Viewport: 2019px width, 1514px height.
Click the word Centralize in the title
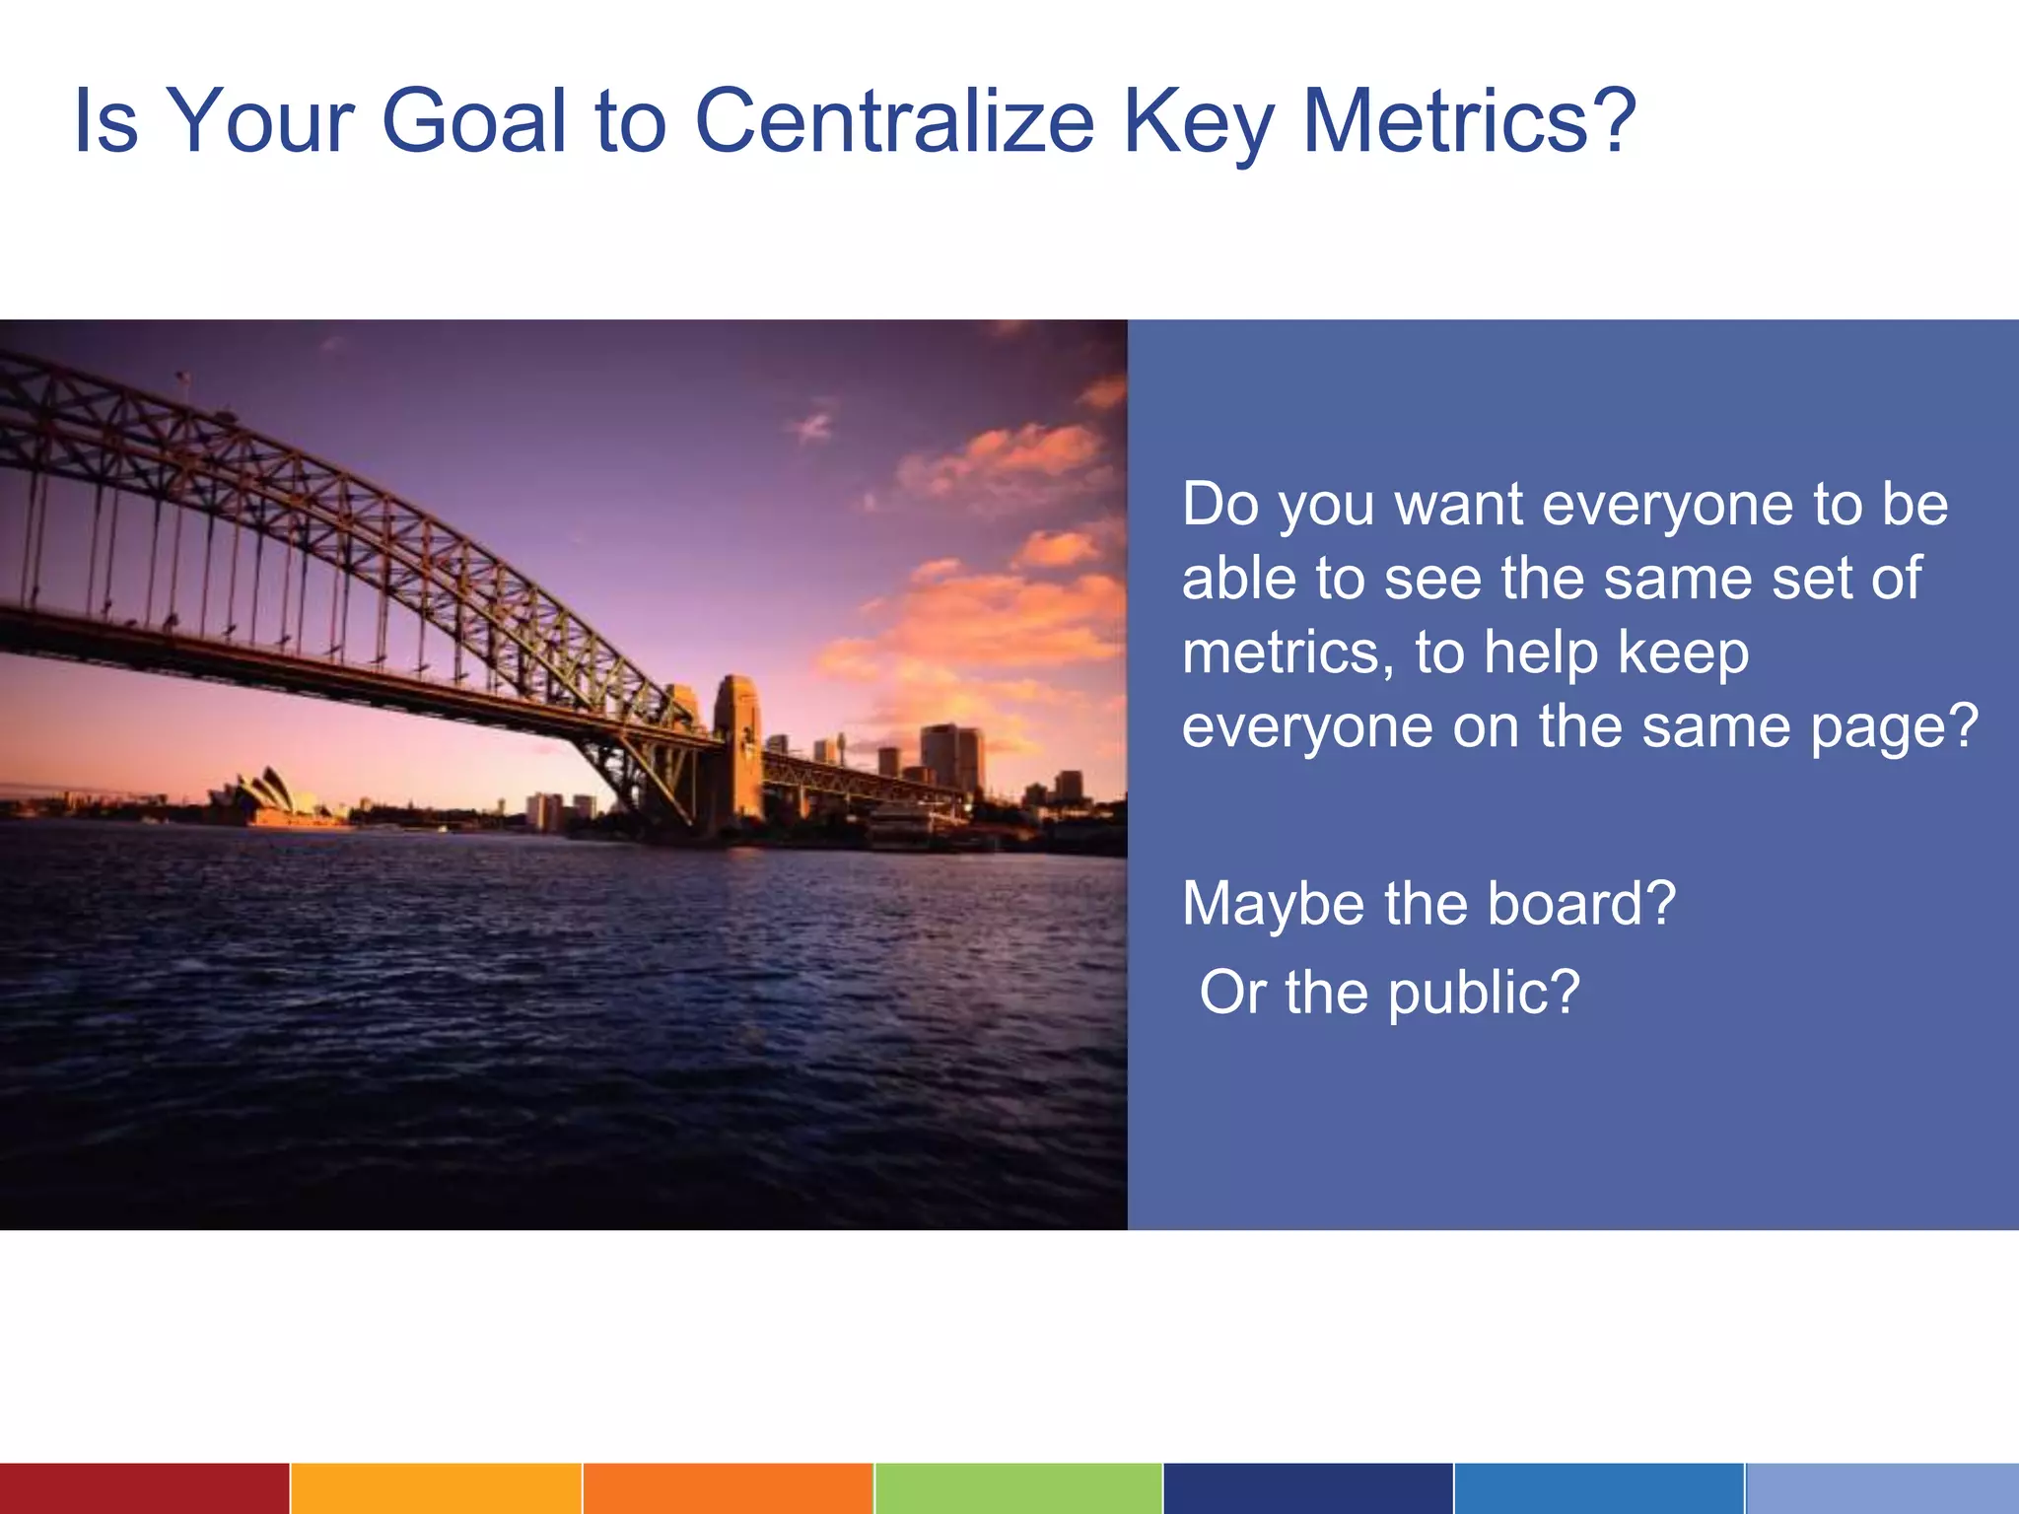894,121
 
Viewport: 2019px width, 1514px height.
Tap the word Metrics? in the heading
1469,121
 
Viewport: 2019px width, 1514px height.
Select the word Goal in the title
473,121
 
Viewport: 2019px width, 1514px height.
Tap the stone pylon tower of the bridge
737,749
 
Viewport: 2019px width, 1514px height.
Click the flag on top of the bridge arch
183,378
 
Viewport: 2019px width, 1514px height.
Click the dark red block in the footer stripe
144,1488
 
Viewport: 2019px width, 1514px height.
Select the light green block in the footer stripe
1017,1488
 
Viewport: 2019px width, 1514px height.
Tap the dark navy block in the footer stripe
1307,1488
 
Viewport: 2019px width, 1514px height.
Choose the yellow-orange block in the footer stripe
435,1488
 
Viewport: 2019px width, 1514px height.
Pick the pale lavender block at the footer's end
1881,1488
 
